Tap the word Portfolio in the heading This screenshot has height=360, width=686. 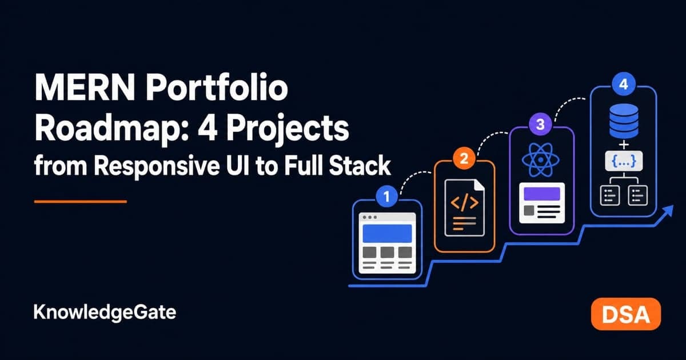[x=217, y=87]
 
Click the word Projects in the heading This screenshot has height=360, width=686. [x=287, y=129]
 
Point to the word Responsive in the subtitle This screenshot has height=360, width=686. [x=157, y=166]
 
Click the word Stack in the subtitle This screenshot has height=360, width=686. [x=360, y=166]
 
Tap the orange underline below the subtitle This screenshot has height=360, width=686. [x=81, y=202]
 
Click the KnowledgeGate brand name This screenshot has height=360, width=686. [x=105, y=313]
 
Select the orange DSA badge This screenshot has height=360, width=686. [x=626, y=314]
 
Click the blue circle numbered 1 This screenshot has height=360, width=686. [x=386, y=197]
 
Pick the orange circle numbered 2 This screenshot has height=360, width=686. [x=464, y=158]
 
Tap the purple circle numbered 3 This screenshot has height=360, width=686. [x=540, y=124]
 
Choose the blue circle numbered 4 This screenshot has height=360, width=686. [x=624, y=84]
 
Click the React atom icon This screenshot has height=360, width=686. [x=541, y=160]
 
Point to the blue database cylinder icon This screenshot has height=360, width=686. [x=624, y=121]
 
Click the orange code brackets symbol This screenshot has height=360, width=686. [x=465, y=203]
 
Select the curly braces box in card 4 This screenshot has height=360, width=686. [x=624, y=161]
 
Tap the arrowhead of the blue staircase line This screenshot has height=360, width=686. [x=668, y=211]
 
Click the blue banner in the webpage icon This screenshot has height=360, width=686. [x=387, y=233]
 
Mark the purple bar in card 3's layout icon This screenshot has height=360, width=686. [x=542, y=194]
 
